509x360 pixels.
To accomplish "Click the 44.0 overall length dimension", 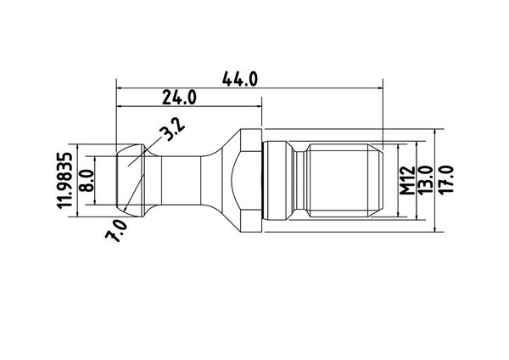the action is coord(240,79).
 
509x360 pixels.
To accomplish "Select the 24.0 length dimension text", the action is coord(179,98).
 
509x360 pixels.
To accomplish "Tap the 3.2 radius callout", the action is coord(173,129).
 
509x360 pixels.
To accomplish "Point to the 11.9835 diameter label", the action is coord(64,180).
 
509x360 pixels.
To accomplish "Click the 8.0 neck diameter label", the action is coord(86,180).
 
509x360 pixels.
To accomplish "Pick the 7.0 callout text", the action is coord(117,230).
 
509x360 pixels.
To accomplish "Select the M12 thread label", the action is coord(407,181).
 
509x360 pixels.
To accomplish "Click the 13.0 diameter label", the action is coord(426,181).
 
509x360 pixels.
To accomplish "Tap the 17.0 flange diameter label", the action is coord(445,181).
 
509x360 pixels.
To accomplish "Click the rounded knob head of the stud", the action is coord(130,180).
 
